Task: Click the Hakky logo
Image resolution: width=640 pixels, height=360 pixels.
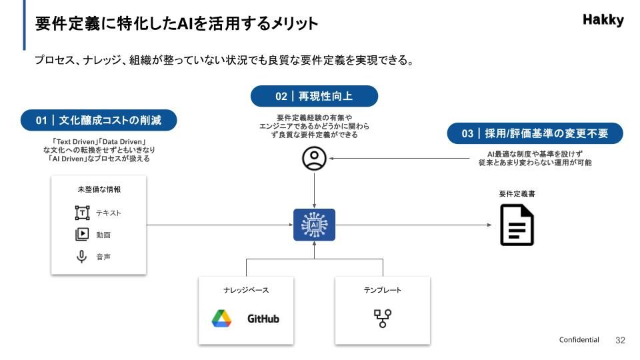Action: click(603, 20)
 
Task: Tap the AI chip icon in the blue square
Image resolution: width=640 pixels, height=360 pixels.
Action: click(314, 225)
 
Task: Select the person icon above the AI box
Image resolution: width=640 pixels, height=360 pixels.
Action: click(314, 159)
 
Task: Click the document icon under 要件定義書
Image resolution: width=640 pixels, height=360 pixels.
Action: click(517, 225)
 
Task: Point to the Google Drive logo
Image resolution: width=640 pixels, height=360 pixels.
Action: click(221, 319)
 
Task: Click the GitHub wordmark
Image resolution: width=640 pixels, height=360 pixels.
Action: click(263, 319)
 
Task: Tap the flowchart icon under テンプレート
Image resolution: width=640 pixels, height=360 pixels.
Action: click(382, 319)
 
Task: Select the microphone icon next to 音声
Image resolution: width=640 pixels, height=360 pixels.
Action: click(82, 257)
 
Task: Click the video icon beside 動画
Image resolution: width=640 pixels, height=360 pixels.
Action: click(82, 235)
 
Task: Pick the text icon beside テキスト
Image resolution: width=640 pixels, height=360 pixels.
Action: click(82, 213)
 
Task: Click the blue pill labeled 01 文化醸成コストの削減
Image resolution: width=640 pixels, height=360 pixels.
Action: click(99, 121)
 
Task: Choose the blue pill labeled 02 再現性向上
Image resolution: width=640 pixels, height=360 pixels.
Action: click(314, 96)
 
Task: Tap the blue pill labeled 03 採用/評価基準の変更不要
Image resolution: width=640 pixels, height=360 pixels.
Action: click(535, 133)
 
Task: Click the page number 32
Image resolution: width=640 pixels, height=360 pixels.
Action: click(620, 340)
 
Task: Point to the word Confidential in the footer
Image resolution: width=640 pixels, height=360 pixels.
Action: click(579, 340)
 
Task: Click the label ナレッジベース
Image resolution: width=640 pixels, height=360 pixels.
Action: click(246, 291)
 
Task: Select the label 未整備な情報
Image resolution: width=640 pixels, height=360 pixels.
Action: click(99, 190)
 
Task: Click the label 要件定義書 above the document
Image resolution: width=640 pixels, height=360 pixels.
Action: click(517, 194)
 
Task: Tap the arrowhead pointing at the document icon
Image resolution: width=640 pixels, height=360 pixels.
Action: click(489, 225)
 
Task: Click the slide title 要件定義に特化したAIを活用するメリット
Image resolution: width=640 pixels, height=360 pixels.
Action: click(177, 24)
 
